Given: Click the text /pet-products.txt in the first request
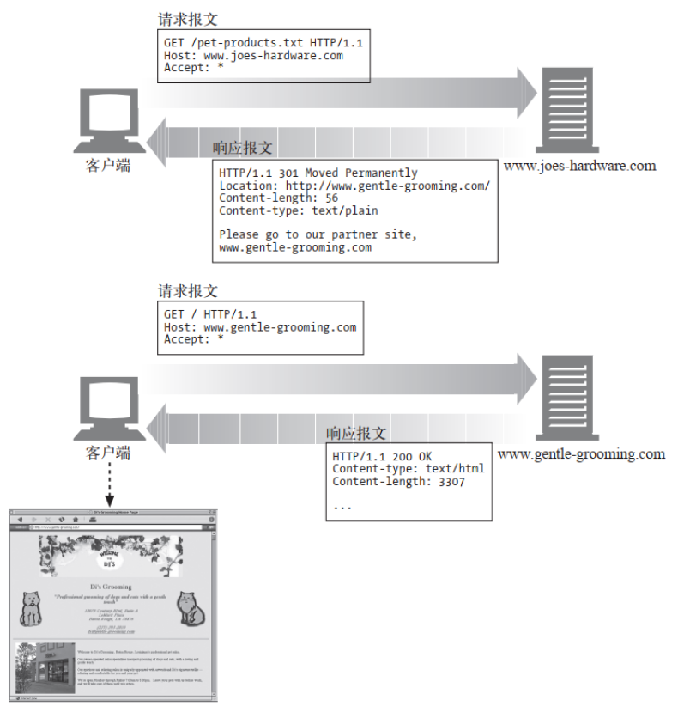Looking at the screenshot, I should pyautogui.click(x=239, y=42).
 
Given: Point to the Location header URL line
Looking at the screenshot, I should pyautogui.click(x=354, y=186).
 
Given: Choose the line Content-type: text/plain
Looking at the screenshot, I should pyautogui.click(x=299, y=210).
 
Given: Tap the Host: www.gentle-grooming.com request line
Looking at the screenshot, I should pyautogui.click(x=260, y=327).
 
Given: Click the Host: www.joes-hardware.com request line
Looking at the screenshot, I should pyautogui.click(x=254, y=55).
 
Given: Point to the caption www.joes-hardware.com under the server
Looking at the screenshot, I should pyautogui.click(x=579, y=166).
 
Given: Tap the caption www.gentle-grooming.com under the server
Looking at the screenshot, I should pyautogui.click(x=581, y=453).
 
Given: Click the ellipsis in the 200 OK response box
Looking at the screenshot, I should pyautogui.click(x=342, y=506).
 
